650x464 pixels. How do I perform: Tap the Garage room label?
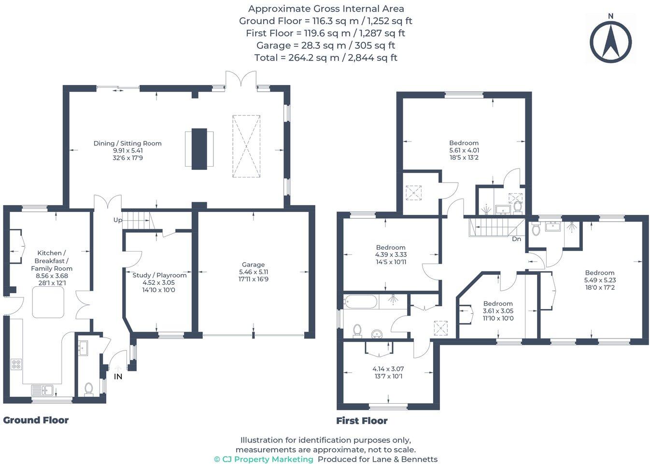pos(253,265)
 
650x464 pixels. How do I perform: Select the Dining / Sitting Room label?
pos(127,143)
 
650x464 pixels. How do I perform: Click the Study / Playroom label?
pos(159,275)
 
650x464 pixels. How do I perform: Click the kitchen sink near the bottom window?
pos(44,389)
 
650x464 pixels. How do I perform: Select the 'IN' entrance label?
pos(118,377)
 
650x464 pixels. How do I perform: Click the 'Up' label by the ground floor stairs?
pos(117,220)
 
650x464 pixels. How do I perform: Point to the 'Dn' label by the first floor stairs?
pos(516,239)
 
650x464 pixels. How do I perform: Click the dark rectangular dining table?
pos(199,148)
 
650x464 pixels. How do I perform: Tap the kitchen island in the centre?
pos(48,303)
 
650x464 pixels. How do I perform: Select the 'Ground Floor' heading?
pos(36,420)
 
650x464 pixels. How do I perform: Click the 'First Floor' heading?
pos(362,421)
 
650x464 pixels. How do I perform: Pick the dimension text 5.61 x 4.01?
pos(464,150)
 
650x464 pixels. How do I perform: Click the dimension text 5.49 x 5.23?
pos(600,280)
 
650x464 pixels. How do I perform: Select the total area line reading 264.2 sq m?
pos(325,58)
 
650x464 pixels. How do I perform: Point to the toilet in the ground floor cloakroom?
pos(88,389)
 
